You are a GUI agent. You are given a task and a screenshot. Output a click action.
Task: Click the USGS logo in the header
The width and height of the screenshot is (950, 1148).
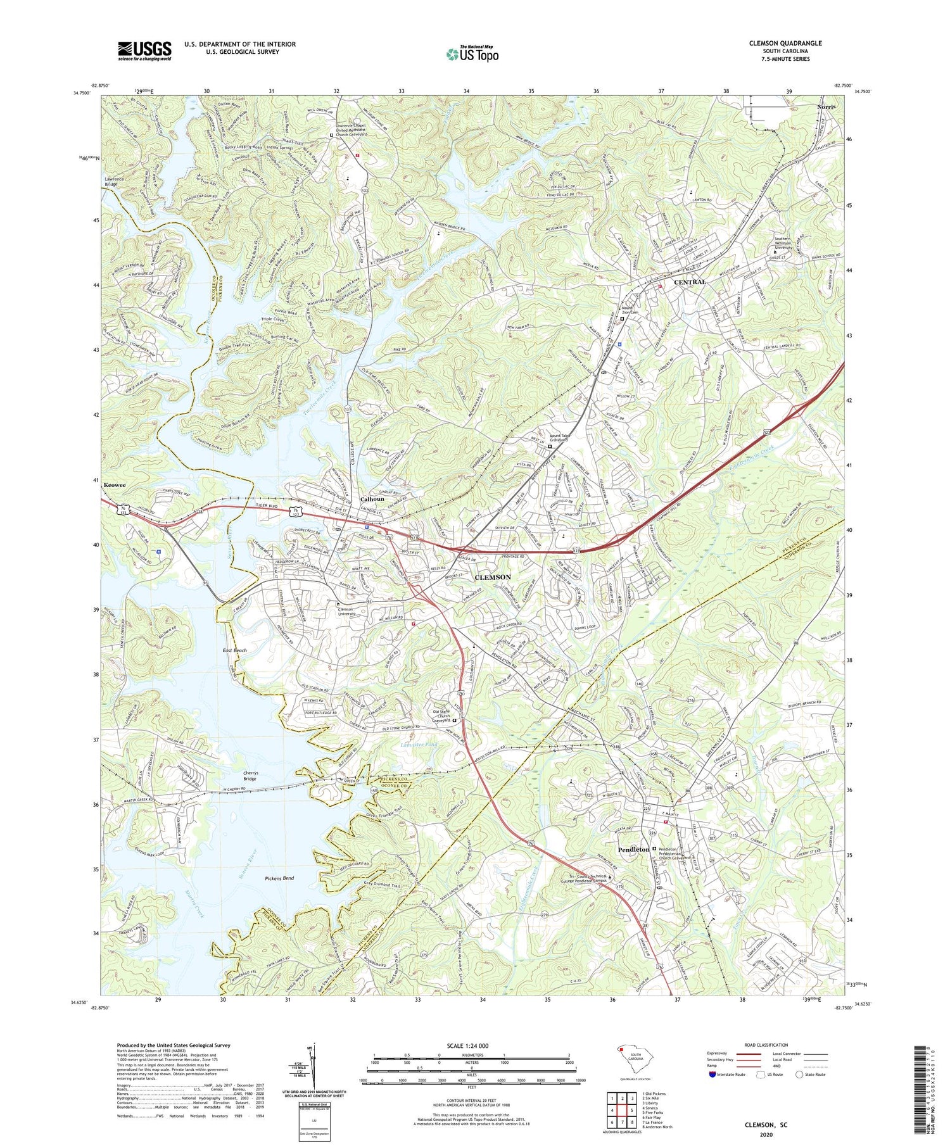pyautogui.click(x=144, y=51)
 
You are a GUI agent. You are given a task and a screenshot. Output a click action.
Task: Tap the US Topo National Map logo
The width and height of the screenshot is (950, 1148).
pyautogui.click(x=472, y=54)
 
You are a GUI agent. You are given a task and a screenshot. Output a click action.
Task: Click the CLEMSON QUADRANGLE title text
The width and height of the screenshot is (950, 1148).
pyautogui.click(x=785, y=43)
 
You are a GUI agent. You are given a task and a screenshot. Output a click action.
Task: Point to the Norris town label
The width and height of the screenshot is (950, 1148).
pyautogui.click(x=825, y=107)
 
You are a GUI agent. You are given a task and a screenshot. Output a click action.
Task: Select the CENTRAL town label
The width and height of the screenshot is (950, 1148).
pyautogui.click(x=690, y=282)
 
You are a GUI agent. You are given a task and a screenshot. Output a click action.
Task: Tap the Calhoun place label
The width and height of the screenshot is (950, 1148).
pyautogui.click(x=372, y=499)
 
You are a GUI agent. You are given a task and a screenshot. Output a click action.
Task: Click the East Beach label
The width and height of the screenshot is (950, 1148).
pyautogui.click(x=234, y=650)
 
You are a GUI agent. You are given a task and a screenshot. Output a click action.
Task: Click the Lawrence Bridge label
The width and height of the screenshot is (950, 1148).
pyautogui.click(x=115, y=182)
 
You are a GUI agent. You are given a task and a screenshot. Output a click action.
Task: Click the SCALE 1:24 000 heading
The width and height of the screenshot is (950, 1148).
pyautogui.click(x=471, y=1045)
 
